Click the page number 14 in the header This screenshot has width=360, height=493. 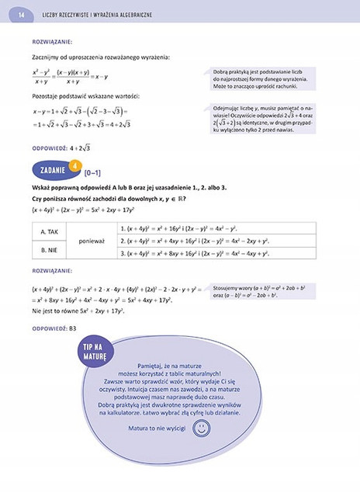pyautogui.click(x=21, y=14)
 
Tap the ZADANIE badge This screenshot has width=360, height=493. pyautogui.click(x=50, y=170)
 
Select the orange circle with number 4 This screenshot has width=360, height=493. pyautogui.click(x=74, y=165)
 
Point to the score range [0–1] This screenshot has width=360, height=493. pyautogui.click(x=92, y=173)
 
